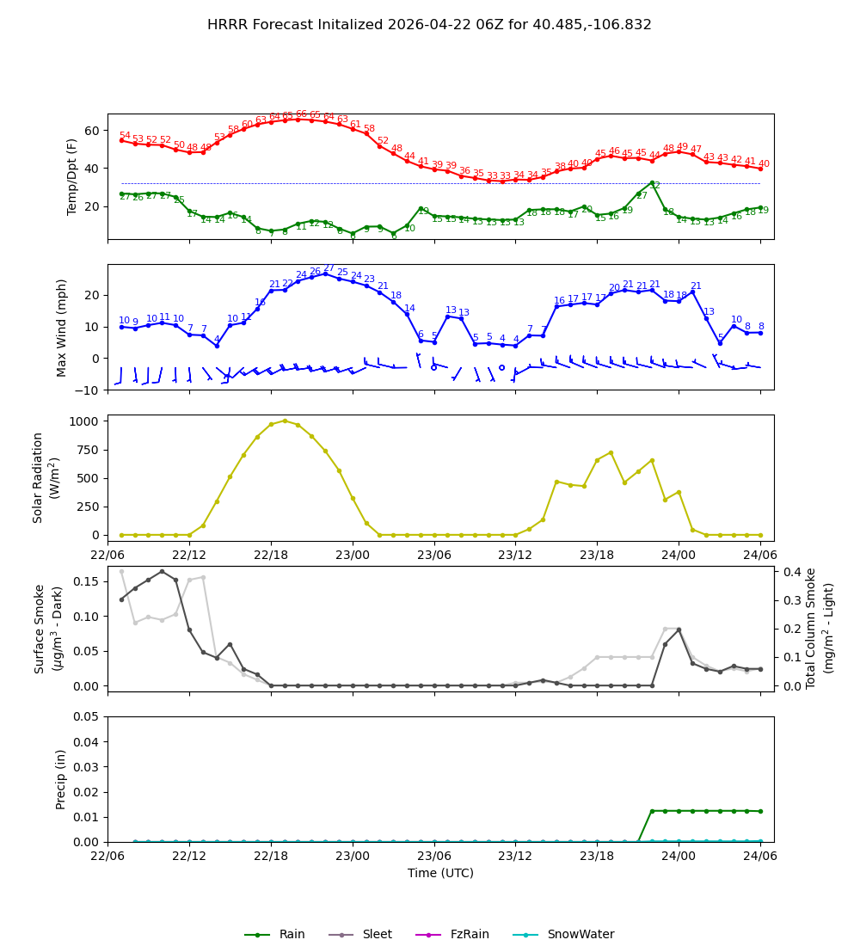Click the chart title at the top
(429, 25)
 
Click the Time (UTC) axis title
(440, 873)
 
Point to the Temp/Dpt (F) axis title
(73, 176)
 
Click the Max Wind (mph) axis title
(61, 327)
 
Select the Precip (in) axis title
(61, 779)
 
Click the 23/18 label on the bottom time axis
(597, 855)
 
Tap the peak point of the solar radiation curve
(285, 421)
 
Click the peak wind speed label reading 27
(329, 268)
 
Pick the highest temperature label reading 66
(301, 114)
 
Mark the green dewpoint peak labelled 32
(654, 186)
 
